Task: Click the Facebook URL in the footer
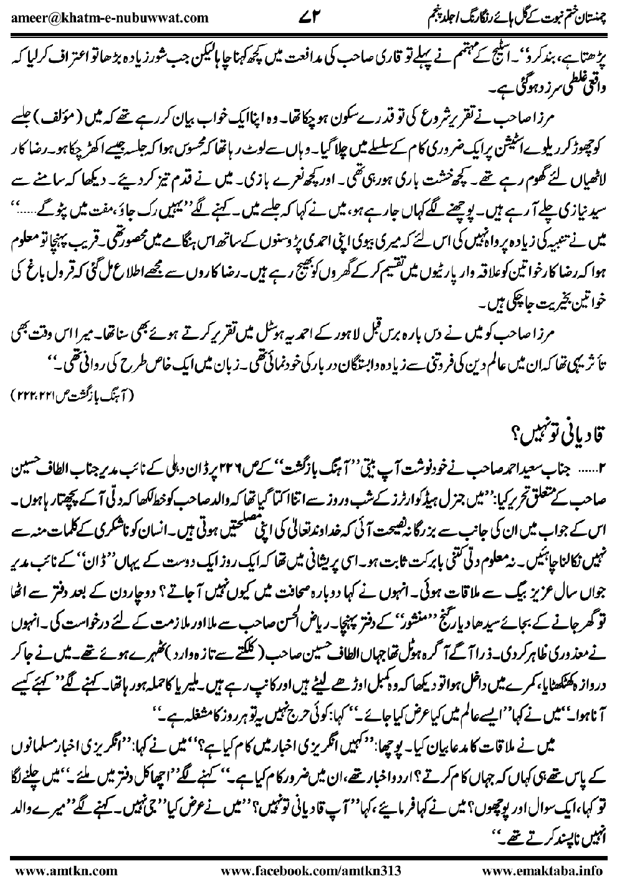coord(310,868)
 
